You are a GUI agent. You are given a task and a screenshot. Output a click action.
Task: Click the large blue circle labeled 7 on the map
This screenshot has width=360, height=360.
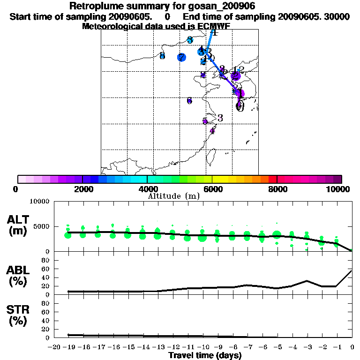coord(181,58)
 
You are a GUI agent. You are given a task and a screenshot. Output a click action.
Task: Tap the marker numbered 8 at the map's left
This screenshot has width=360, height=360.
coord(162,56)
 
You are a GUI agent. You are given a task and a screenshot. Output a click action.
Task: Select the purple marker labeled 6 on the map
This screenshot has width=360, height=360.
coord(189,101)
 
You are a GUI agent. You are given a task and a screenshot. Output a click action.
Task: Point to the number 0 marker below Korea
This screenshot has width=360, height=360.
coord(240,106)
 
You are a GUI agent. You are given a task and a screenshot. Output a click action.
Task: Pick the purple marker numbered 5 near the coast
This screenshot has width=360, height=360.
coord(205,121)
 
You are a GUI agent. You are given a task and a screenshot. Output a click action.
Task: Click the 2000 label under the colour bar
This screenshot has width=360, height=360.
coord(82,189)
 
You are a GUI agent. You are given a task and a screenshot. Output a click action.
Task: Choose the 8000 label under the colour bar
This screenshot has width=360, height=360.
coord(277,189)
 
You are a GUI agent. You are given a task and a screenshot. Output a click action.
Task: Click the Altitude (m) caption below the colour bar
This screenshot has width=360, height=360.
coord(174,196)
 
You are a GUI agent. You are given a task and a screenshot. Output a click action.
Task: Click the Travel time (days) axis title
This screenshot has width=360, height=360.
coord(205,355)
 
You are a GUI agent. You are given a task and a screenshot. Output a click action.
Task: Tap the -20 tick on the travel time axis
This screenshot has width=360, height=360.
coord(55,347)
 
